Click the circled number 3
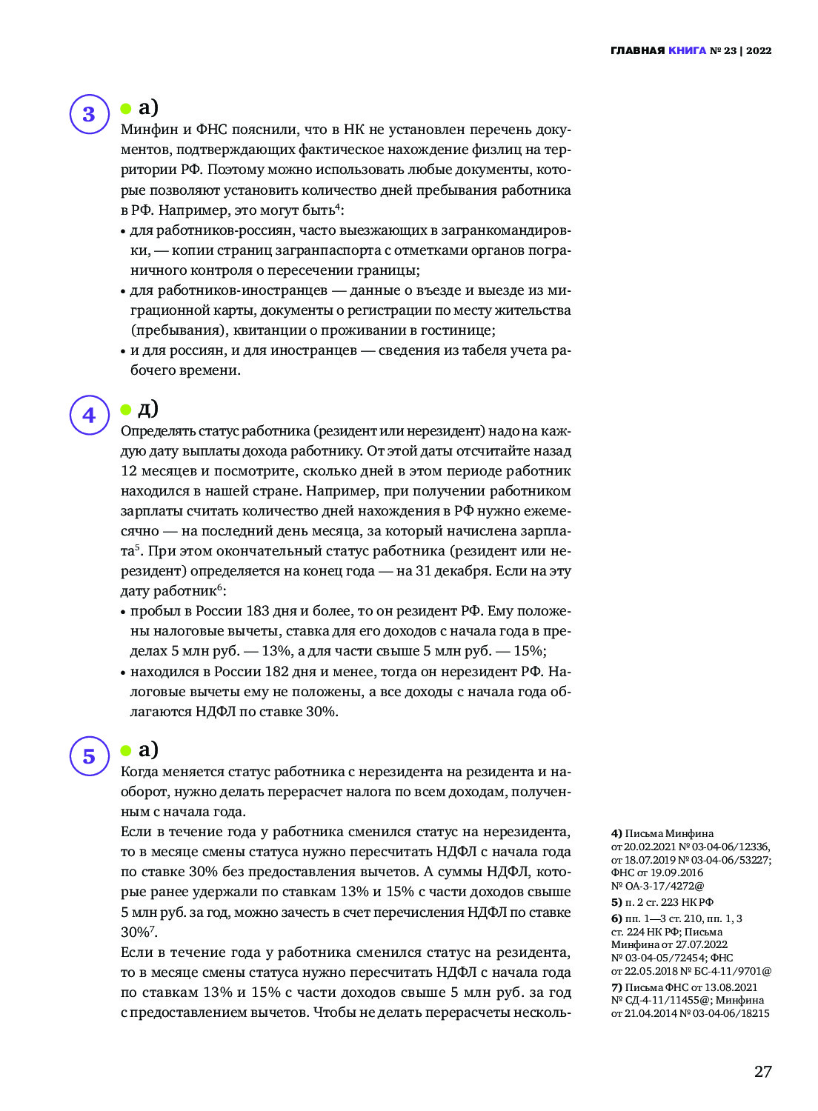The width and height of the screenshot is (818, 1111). tap(90, 114)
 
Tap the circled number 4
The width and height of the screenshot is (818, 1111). tap(90, 415)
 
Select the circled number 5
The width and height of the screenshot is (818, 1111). tap(90, 755)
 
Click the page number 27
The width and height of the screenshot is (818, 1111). tap(763, 1071)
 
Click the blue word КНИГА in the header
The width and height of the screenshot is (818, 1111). tap(687, 51)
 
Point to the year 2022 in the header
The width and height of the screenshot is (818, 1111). tap(759, 51)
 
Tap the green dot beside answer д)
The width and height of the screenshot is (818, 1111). tap(126, 410)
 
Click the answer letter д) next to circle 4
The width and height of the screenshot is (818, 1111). tap(148, 408)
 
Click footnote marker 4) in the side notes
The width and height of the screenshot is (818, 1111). tap(616, 833)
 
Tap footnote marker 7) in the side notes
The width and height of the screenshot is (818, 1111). tap(616, 987)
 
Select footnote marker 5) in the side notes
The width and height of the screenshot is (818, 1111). tap(616, 902)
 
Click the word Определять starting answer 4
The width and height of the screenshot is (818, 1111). tap(158, 431)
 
